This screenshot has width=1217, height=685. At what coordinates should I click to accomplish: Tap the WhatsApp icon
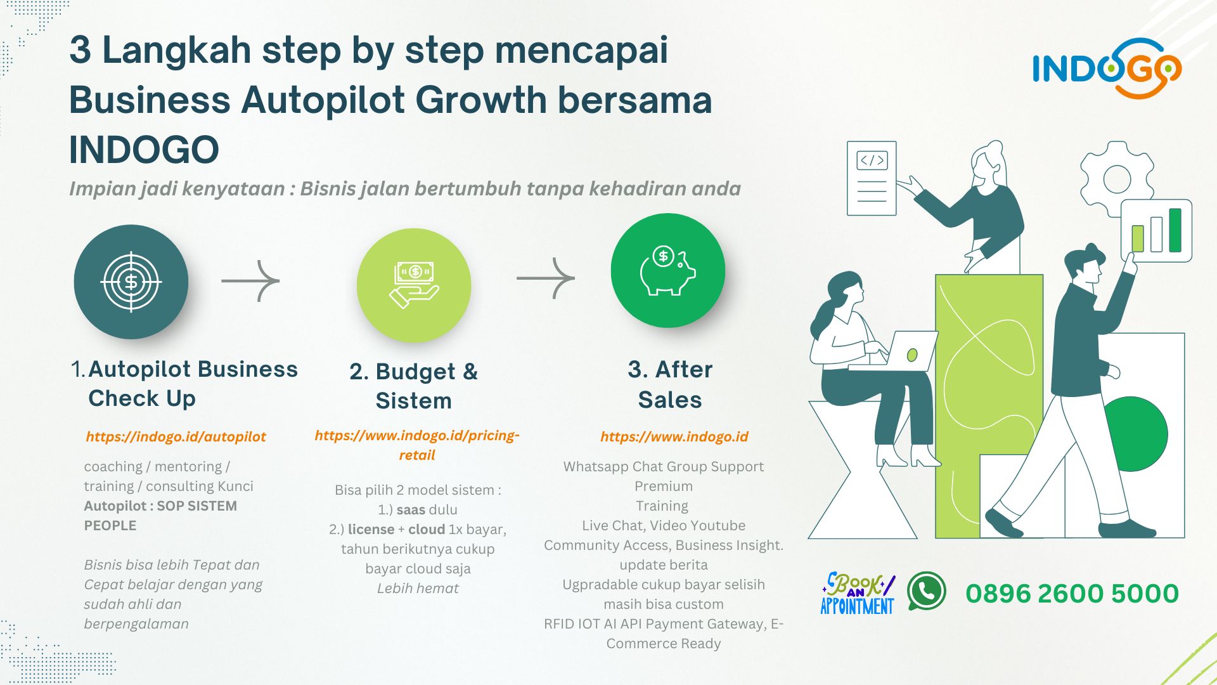[926, 591]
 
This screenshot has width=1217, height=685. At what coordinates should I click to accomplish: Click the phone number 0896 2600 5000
[1072, 594]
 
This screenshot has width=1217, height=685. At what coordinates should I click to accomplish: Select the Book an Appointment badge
[858, 593]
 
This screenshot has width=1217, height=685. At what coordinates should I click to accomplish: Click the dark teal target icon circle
[131, 282]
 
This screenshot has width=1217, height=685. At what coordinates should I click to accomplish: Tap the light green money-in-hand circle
[414, 285]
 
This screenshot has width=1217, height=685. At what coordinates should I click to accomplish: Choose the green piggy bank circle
[668, 271]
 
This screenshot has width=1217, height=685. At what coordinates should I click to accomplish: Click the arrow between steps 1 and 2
[250, 280]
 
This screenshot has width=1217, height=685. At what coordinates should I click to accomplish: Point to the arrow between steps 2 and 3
[546, 278]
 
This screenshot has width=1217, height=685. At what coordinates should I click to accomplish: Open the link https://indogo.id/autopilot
[176, 436]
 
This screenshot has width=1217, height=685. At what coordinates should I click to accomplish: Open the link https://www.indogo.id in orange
[674, 436]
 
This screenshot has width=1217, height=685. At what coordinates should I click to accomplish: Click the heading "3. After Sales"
[670, 384]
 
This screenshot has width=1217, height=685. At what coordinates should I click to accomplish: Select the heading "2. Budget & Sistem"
[414, 386]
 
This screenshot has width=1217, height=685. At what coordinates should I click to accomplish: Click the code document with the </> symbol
[872, 178]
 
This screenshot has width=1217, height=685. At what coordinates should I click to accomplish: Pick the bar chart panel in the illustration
[1156, 230]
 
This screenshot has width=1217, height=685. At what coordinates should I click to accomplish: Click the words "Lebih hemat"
[418, 588]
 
